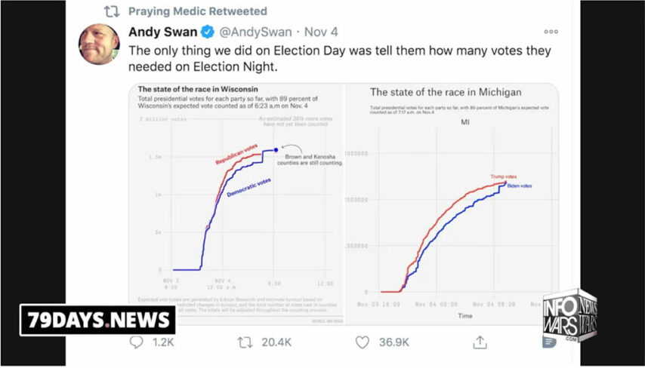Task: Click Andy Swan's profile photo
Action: pyautogui.click(x=99, y=44)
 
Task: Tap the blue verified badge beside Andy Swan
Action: pyautogui.click(x=208, y=32)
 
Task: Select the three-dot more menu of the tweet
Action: pyautogui.click(x=551, y=32)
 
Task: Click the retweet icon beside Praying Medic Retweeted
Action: pyautogui.click(x=111, y=11)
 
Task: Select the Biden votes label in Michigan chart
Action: pyautogui.click(x=520, y=186)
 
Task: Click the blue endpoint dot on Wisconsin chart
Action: pyautogui.click(x=276, y=150)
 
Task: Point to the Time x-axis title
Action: pyautogui.click(x=465, y=315)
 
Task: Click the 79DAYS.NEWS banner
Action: pyautogui.click(x=97, y=320)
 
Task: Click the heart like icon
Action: pyautogui.click(x=363, y=342)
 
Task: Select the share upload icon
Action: pyautogui.click(x=480, y=342)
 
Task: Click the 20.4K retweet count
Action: pyautogui.click(x=276, y=342)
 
